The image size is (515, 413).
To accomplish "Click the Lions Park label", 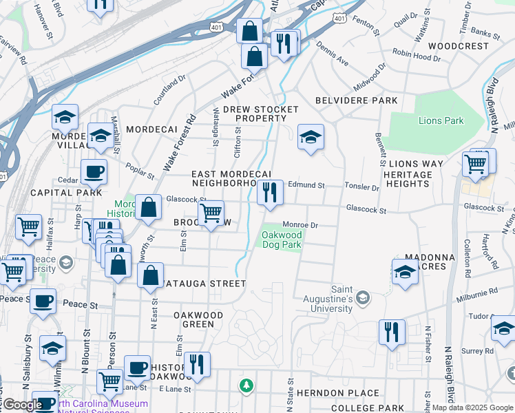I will (x=441, y=120).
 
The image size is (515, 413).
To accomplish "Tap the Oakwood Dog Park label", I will (x=281, y=240).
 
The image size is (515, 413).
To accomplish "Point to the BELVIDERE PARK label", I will (x=356, y=100).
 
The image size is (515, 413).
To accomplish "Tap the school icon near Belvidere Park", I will (x=311, y=137).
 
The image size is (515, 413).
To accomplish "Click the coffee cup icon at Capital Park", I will (x=94, y=172).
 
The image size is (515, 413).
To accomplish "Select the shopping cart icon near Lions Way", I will (x=476, y=164).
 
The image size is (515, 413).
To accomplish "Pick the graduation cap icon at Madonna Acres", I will (x=406, y=272).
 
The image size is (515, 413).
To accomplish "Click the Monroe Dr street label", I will (x=300, y=224).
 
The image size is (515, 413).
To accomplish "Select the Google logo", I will (x=22, y=405).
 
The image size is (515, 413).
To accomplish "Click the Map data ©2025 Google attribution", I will (x=473, y=407).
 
